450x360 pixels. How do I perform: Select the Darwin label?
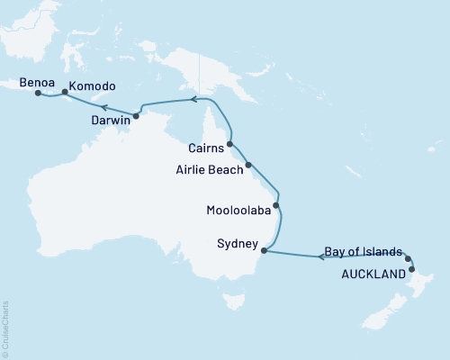click(x=112, y=118)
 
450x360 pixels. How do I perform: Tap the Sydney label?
click(x=238, y=244)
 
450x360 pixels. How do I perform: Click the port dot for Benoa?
click(x=38, y=92)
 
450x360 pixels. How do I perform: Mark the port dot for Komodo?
click(x=65, y=91)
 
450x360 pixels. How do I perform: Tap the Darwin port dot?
click(x=136, y=116)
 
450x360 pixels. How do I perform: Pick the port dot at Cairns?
click(x=230, y=143)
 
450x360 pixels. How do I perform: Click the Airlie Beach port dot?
click(x=249, y=165)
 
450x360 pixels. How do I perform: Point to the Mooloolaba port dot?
click(x=276, y=206)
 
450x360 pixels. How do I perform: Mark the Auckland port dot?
click(x=411, y=269)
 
